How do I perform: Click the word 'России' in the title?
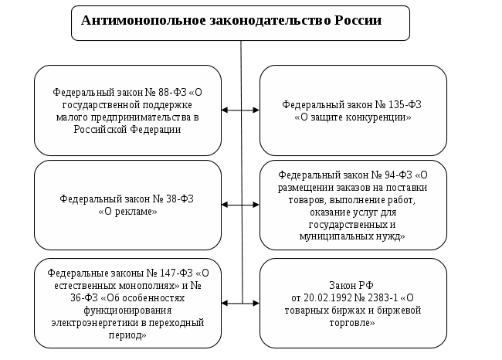click(x=358, y=21)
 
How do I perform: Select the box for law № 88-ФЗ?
click(x=128, y=110)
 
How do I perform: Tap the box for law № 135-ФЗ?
click(x=353, y=110)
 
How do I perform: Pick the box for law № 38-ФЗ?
click(x=128, y=205)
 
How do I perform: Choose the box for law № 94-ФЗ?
click(x=353, y=205)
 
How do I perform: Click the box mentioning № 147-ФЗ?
click(x=128, y=303)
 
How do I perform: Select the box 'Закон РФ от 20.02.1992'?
click(x=353, y=303)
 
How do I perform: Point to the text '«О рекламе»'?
click(x=128, y=211)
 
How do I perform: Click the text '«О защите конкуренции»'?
click(x=353, y=117)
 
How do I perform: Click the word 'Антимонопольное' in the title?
click(x=134, y=21)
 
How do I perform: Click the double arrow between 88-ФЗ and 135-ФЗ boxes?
click(x=241, y=110)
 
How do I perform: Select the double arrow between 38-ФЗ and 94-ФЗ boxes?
click(x=241, y=205)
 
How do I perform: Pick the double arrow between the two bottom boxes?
click(x=241, y=303)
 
